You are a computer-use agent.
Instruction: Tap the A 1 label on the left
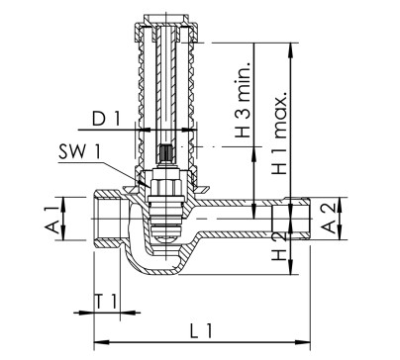click(x=48, y=218)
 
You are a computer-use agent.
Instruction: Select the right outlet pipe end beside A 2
click(x=297, y=217)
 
